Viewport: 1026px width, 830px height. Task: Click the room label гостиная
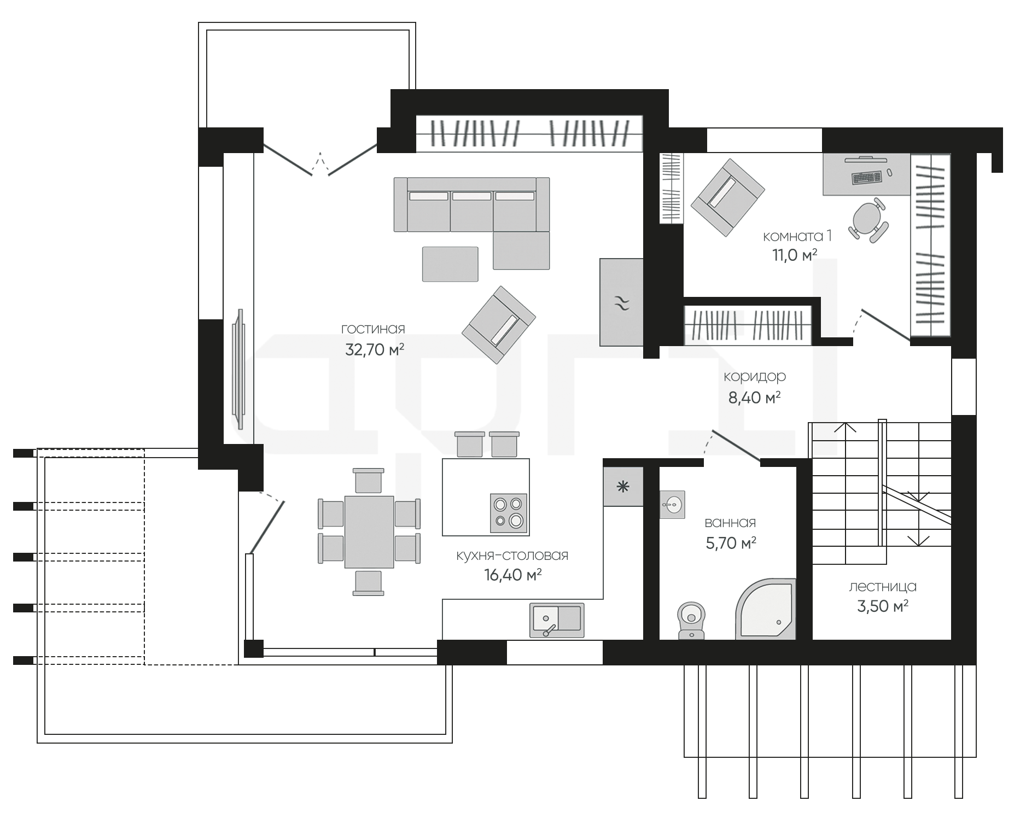point(373,329)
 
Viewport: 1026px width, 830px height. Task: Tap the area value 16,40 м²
point(513,575)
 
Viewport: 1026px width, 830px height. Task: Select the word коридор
point(755,377)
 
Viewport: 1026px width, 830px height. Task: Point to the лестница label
point(883,587)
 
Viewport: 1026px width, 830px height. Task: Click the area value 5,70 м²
point(731,543)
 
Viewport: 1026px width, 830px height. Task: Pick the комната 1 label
point(797,236)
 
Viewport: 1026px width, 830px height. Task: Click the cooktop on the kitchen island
point(509,513)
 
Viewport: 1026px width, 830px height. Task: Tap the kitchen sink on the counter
point(557,620)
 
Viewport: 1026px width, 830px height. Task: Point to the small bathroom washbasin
point(672,504)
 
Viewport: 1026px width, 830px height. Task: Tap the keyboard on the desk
point(866,177)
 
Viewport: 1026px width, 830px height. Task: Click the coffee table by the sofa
point(450,264)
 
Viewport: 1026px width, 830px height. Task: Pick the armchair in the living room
point(499,325)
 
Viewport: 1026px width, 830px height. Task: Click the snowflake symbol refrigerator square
point(623,487)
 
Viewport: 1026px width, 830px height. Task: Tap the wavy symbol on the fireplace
point(622,302)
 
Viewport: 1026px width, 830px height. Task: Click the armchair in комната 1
point(727,198)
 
